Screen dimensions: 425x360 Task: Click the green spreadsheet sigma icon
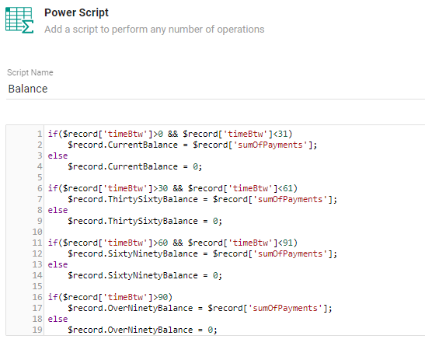[19, 20]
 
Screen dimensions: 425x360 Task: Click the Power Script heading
[76, 12]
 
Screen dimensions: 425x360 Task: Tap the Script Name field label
[30, 72]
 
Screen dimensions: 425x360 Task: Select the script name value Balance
[28, 89]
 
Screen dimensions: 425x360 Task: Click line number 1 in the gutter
[40, 134]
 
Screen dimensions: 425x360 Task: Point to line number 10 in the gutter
[37, 232]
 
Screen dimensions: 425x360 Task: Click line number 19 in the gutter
[37, 330]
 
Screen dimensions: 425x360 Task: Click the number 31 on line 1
[283, 134]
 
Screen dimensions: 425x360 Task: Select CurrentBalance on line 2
[142, 145]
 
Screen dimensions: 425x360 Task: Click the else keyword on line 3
[57, 156]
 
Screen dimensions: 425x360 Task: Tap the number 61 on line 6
[287, 188]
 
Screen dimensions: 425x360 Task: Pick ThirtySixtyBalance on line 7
[152, 199]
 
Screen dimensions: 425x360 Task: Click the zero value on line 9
[215, 221]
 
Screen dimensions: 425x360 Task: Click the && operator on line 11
[178, 243]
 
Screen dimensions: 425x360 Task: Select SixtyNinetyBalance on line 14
[152, 275]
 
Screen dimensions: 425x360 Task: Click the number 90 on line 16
[163, 297]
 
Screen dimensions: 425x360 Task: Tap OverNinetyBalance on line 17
[150, 308]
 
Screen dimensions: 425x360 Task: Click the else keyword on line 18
[57, 319]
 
